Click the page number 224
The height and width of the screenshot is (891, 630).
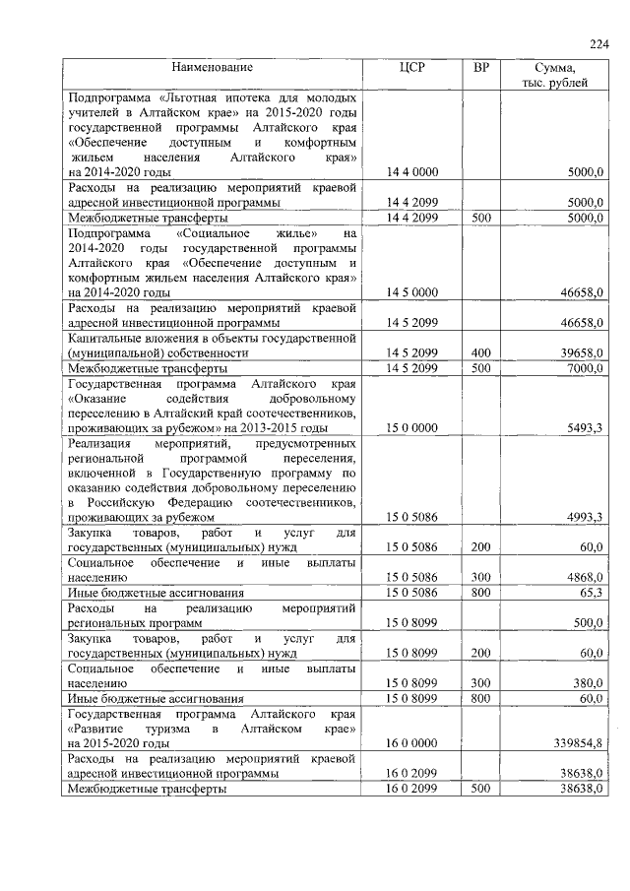point(599,43)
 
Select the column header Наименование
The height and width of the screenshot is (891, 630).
point(212,67)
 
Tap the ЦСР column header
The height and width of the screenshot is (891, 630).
point(411,67)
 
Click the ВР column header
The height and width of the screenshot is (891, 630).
point(480,67)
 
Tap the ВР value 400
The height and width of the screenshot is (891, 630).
point(480,351)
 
